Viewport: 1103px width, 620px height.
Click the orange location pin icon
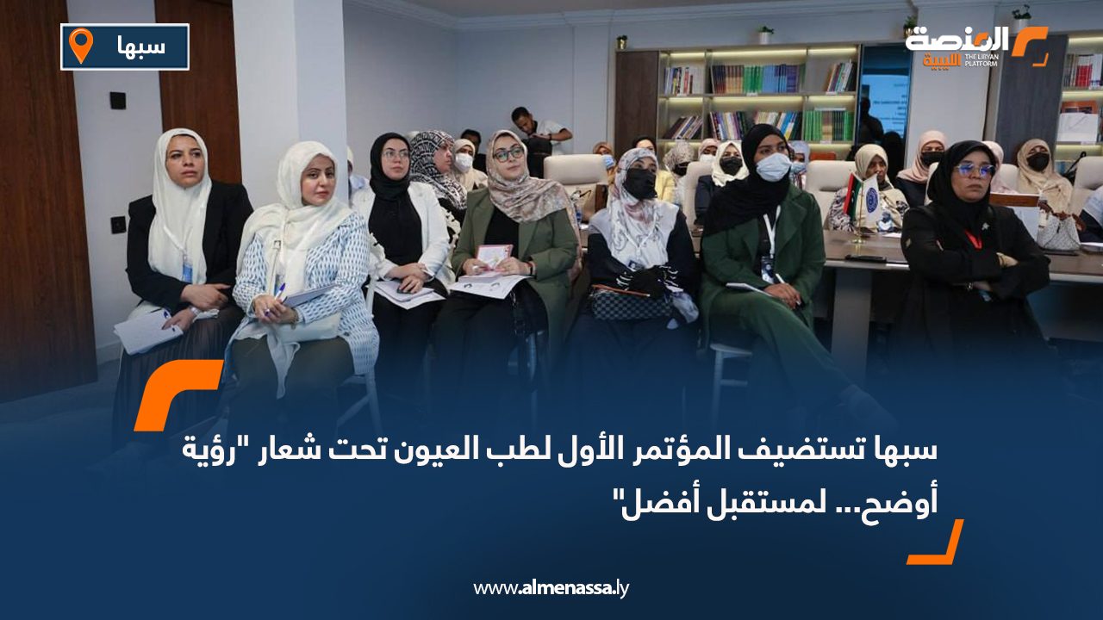(x=81, y=46)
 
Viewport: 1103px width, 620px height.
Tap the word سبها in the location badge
(x=142, y=46)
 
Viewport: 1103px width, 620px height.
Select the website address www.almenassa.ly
(x=551, y=588)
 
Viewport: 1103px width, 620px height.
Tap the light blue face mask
(x=773, y=166)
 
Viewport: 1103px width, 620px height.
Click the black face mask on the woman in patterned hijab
(x=640, y=183)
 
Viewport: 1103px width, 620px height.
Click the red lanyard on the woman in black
(x=972, y=239)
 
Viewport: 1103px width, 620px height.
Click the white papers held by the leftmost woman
(x=146, y=330)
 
